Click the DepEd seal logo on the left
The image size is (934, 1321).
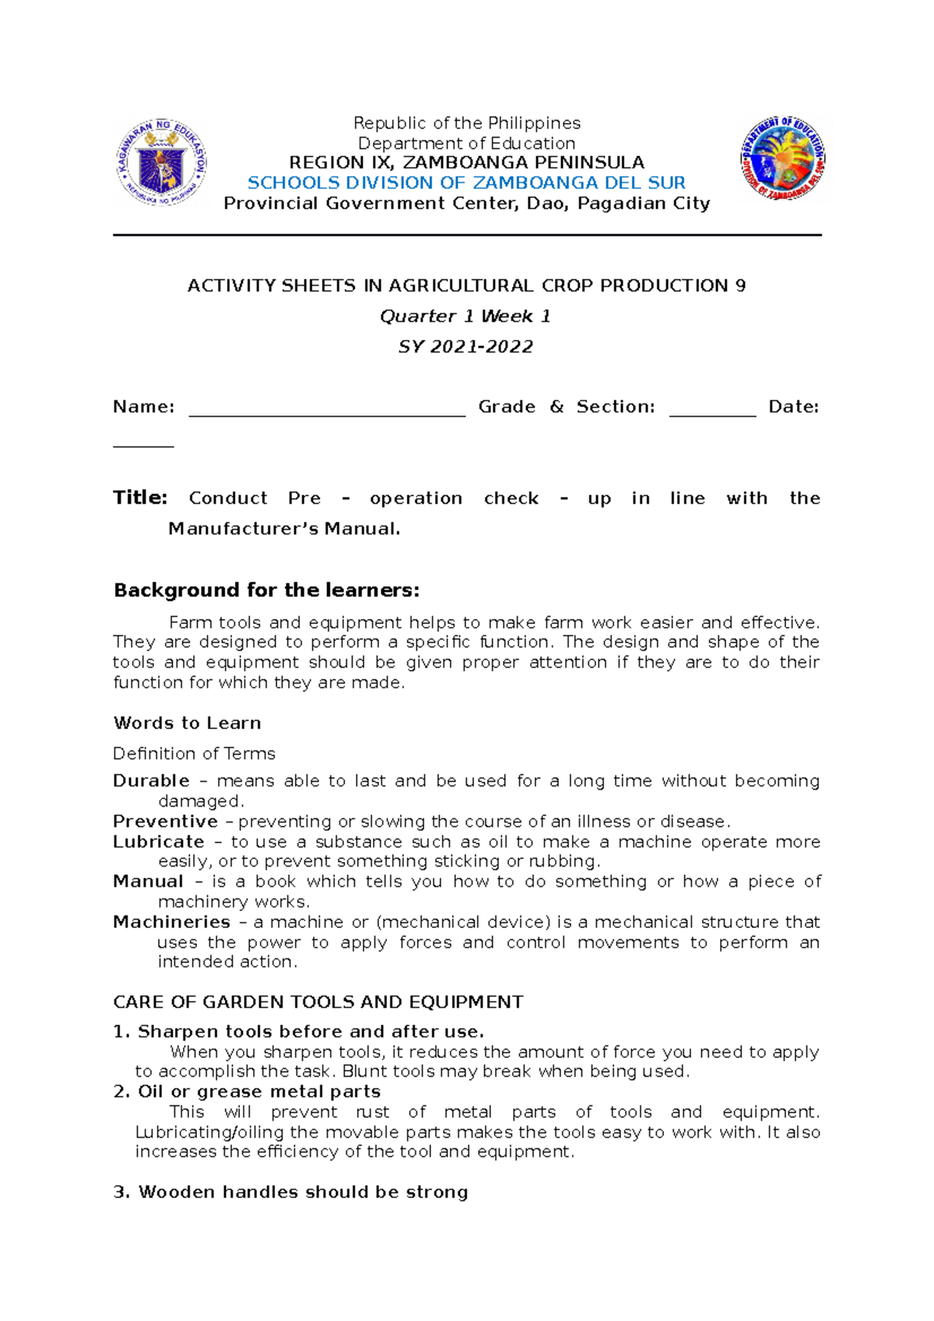tap(161, 162)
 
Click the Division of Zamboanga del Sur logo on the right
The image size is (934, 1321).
tap(783, 159)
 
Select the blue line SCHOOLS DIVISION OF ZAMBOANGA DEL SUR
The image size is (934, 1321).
tap(466, 183)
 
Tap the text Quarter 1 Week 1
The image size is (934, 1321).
tap(465, 316)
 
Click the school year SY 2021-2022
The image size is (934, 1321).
tap(465, 347)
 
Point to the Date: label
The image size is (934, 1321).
tap(793, 407)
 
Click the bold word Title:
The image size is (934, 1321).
tap(140, 498)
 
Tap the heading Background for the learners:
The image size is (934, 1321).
tap(266, 590)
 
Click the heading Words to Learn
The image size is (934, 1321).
tap(187, 724)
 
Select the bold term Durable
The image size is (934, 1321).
tap(151, 781)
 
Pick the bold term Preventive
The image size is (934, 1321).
tap(165, 822)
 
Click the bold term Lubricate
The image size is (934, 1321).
tap(158, 842)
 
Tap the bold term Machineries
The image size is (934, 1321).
tap(171, 923)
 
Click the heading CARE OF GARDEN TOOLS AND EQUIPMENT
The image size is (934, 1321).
tap(318, 1002)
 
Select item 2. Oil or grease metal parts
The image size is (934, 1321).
tap(247, 1092)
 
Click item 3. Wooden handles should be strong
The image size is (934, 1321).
tap(290, 1193)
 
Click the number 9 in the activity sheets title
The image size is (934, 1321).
tap(740, 286)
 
